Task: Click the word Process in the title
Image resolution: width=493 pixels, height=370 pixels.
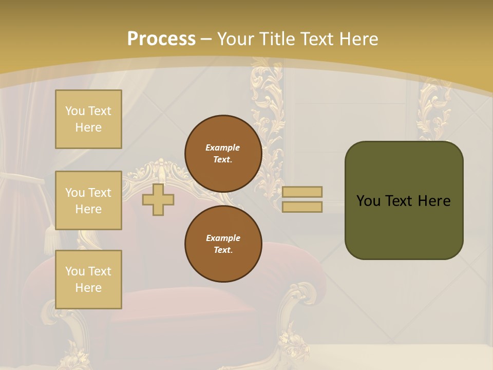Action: coord(161,39)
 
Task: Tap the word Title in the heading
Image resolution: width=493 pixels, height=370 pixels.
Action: coord(276,39)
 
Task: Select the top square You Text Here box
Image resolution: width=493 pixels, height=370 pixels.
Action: coord(88,119)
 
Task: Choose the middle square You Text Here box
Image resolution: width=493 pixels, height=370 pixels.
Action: coord(88,200)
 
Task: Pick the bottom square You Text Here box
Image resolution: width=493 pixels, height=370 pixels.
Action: coord(88,280)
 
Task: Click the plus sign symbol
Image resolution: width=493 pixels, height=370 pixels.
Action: coord(158,200)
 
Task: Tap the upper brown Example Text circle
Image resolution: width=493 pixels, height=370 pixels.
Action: coord(223,154)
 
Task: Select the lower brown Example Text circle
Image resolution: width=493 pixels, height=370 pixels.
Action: coord(223,244)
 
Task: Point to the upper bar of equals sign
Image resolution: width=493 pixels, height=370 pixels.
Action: coord(302,192)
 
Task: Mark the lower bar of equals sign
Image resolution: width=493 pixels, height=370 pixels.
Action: coord(302,207)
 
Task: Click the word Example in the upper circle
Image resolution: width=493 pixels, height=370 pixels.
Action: coord(223,147)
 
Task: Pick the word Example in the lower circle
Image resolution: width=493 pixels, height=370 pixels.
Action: coord(223,238)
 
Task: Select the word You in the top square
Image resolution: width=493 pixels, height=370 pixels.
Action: coord(74,111)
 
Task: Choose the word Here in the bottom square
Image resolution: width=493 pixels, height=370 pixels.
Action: coord(88,288)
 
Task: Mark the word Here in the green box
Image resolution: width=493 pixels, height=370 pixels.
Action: coord(434,201)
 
